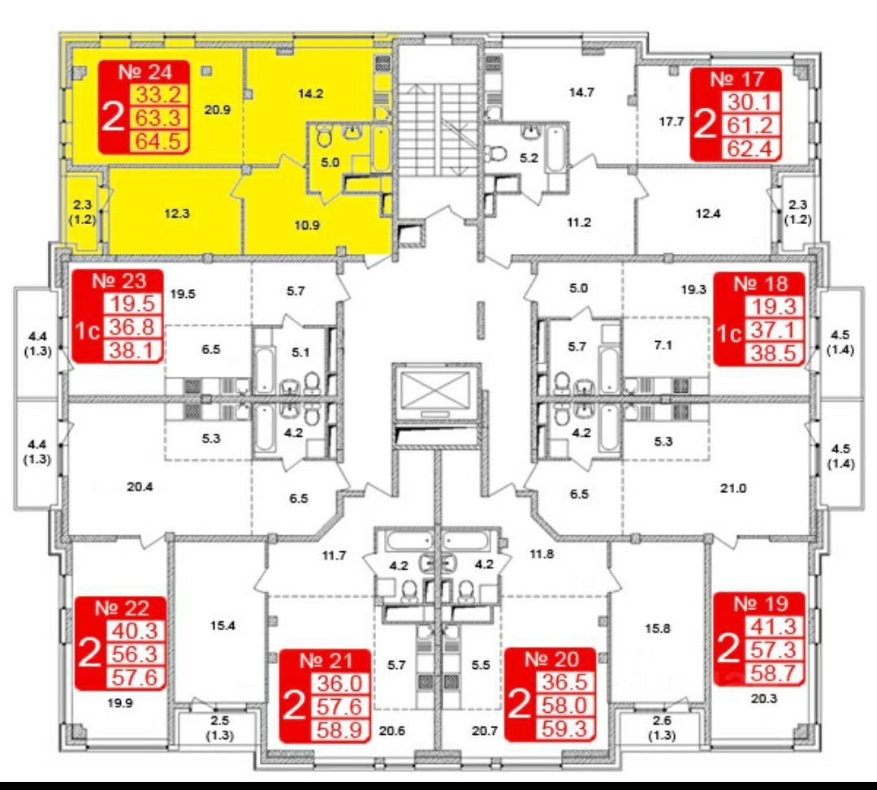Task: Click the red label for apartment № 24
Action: [144, 106]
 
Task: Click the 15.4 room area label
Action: [218, 626]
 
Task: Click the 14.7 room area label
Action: [581, 93]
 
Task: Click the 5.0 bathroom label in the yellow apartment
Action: [329, 162]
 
